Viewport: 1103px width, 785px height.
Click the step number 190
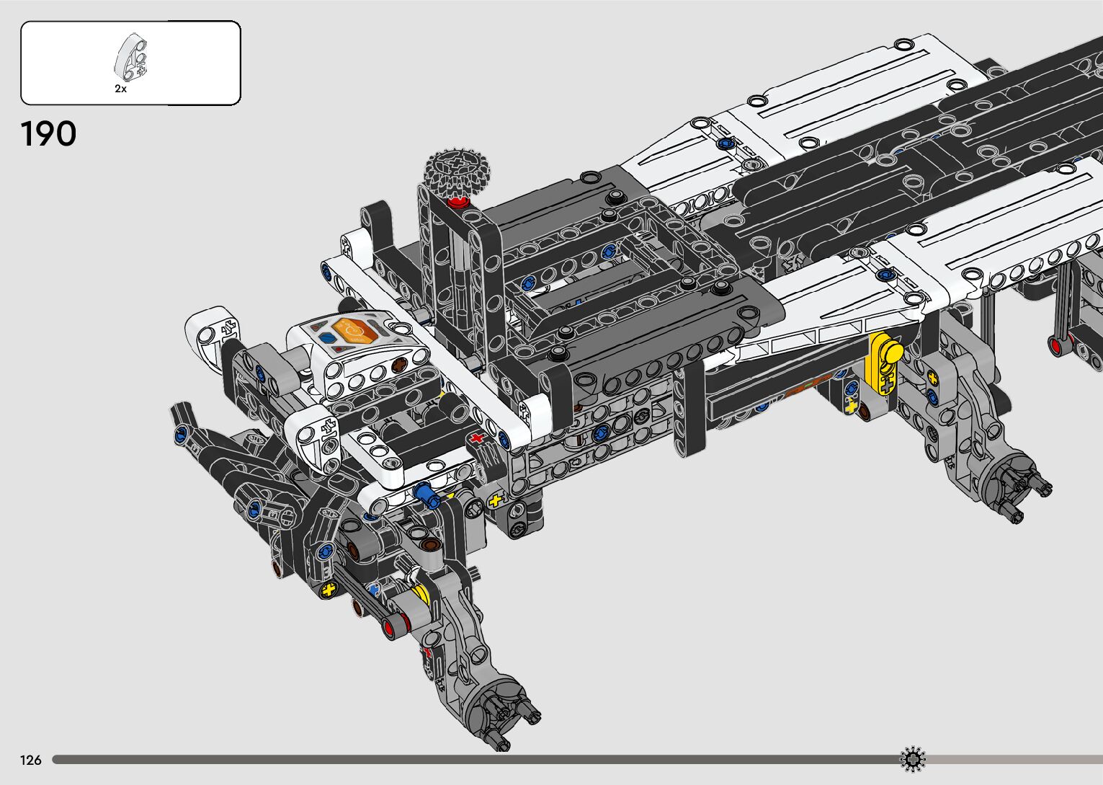click(48, 133)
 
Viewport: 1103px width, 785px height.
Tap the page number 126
click(30, 760)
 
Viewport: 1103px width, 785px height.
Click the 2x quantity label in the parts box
click(120, 89)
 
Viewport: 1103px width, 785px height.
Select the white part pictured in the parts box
click(131, 57)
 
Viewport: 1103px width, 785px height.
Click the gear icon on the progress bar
click(912, 759)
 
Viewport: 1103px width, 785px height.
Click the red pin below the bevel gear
click(458, 202)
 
